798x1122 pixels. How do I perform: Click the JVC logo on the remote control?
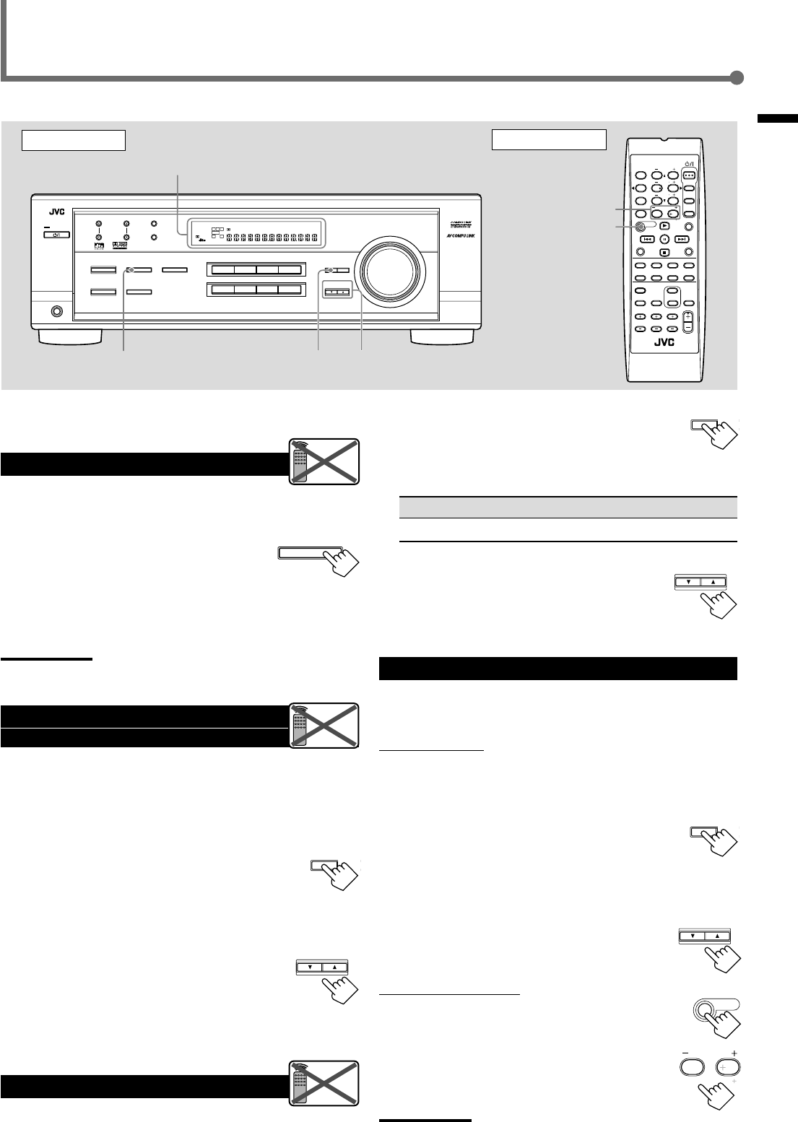664,344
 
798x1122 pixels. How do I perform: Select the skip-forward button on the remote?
681,239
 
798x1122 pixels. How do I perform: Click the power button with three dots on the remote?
689,174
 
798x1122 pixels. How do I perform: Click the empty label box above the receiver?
74,140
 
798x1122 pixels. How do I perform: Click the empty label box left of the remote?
548,140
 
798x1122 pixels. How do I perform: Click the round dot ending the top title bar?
737,79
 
